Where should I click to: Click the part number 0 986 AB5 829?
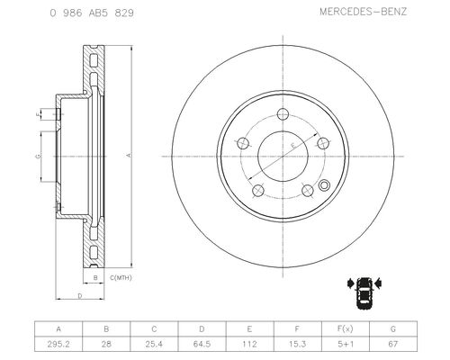[x=92, y=13]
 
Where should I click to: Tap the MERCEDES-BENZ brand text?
[x=363, y=12]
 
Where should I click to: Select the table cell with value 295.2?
[x=58, y=344]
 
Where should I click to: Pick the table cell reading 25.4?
[x=154, y=344]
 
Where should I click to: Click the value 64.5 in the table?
[x=202, y=344]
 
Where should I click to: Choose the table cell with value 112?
[x=249, y=344]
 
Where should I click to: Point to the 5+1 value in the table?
[x=346, y=344]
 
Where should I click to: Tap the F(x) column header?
[x=346, y=328]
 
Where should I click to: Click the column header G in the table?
[x=393, y=328]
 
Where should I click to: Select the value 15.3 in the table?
[x=297, y=344]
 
